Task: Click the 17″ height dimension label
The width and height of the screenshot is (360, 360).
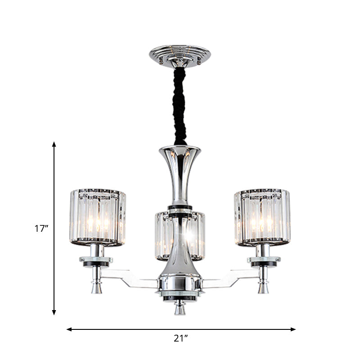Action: pyautogui.click(x=41, y=228)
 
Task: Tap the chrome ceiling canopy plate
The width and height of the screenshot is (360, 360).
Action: pyautogui.click(x=180, y=55)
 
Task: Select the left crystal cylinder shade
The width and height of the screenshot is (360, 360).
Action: pyautogui.click(x=98, y=217)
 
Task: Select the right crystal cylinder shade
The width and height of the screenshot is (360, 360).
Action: pyautogui.click(x=262, y=217)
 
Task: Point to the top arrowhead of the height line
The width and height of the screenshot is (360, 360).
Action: pyautogui.click(x=54, y=144)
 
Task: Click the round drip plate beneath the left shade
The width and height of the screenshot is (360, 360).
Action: pyautogui.click(x=97, y=261)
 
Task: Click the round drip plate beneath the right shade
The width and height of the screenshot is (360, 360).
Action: pyautogui.click(x=264, y=261)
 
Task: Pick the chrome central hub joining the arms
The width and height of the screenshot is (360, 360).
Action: pyautogui.click(x=180, y=285)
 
